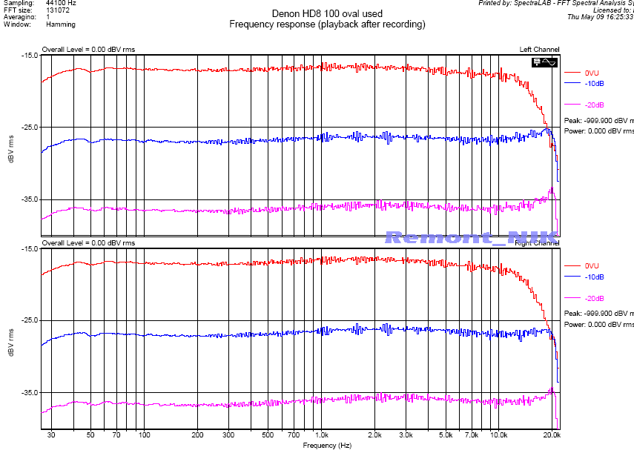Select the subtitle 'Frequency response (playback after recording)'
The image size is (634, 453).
click(x=327, y=24)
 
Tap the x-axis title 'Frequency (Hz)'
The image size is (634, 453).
click(x=327, y=446)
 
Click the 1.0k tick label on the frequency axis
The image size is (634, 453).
click(x=321, y=435)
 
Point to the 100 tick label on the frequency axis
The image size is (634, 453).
click(x=145, y=435)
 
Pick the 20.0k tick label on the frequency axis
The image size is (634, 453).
click(x=551, y=435)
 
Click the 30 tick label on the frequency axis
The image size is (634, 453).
click(x=51, y=435)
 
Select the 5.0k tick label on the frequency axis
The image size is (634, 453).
click(x=445, y=435)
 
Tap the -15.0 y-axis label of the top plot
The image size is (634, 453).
click(x=30, y=56)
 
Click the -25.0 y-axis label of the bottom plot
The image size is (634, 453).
click(x=30, y=320)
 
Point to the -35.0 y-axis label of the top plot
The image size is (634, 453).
click(x=30, y=199)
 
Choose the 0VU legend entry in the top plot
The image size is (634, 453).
click(x=592, y=73)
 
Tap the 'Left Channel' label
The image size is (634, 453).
click(x=540, y=50)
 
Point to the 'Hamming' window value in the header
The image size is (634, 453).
click(x=59, y=24)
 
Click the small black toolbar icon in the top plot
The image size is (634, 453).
click(x=544, y=62)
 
